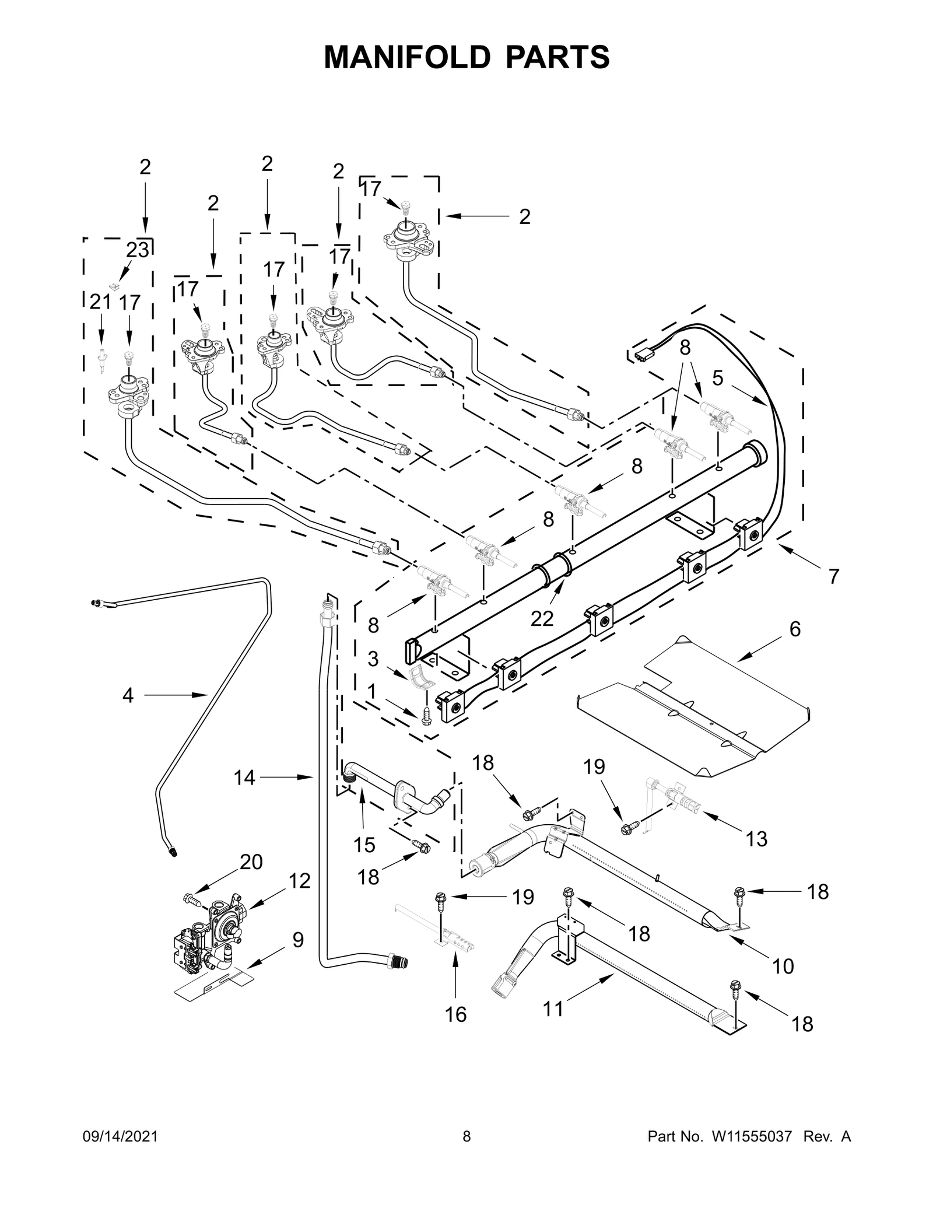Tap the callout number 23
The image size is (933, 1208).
pos(138,250)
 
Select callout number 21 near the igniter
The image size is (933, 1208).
pos(100,302)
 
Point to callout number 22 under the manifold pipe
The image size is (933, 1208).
pos(542,618)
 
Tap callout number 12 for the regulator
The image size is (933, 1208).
pos(300,881)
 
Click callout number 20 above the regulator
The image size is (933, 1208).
pos(251,862)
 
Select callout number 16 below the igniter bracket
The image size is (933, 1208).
pos(455,1014)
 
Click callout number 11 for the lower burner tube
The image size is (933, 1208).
pos(553,1009)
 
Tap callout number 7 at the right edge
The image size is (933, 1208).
pos(834,576)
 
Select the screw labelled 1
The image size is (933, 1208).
pos(425,716)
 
